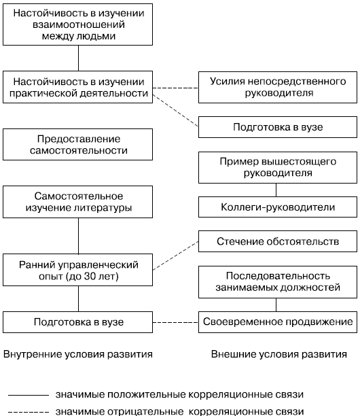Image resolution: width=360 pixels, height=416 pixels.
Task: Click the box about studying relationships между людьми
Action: [x=77, y=24]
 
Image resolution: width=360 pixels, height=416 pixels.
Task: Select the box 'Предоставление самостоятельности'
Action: [x=77, y=144]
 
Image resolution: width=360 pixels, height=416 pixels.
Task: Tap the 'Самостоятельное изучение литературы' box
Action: [x=77, y=202]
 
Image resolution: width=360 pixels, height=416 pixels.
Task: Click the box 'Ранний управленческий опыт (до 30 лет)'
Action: [x=77, y=270]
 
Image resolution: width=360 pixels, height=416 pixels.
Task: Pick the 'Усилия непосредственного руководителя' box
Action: [x=278, y=87]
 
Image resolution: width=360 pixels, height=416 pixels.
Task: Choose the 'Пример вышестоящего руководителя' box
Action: [x=278, y=167]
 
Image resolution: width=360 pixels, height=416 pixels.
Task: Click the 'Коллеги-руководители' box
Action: [x=278, y=207]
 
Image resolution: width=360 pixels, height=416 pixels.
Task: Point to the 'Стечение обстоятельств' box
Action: [x=278, y=241]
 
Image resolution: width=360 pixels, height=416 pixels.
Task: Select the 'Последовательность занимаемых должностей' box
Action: [x=278, y=282]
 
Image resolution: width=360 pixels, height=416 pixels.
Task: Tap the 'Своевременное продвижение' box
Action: [x=278, y=322]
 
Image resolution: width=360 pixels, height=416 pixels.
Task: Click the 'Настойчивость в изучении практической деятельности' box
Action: [x=77, y=87]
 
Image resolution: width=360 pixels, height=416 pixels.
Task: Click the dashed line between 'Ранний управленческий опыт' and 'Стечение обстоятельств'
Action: [x=175, y=256]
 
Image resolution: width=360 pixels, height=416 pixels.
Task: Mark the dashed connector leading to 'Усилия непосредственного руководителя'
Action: [x=175, y=88]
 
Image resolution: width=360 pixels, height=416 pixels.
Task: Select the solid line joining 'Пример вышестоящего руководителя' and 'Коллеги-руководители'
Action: [x=276, y=190]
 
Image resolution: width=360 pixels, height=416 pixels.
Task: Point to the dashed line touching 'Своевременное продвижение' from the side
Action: [x=175, y=322]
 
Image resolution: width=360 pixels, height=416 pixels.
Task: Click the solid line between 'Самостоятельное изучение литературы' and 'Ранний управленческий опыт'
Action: [x=79, y=236]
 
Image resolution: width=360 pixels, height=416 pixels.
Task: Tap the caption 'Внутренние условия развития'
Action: [x=78, y=354]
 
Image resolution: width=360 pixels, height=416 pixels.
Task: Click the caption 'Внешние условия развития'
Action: [x=279, y=354]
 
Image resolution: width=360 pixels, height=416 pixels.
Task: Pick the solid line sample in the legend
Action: [x=29, y=396]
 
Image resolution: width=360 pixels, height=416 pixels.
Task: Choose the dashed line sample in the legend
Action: [x=29, y=412]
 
